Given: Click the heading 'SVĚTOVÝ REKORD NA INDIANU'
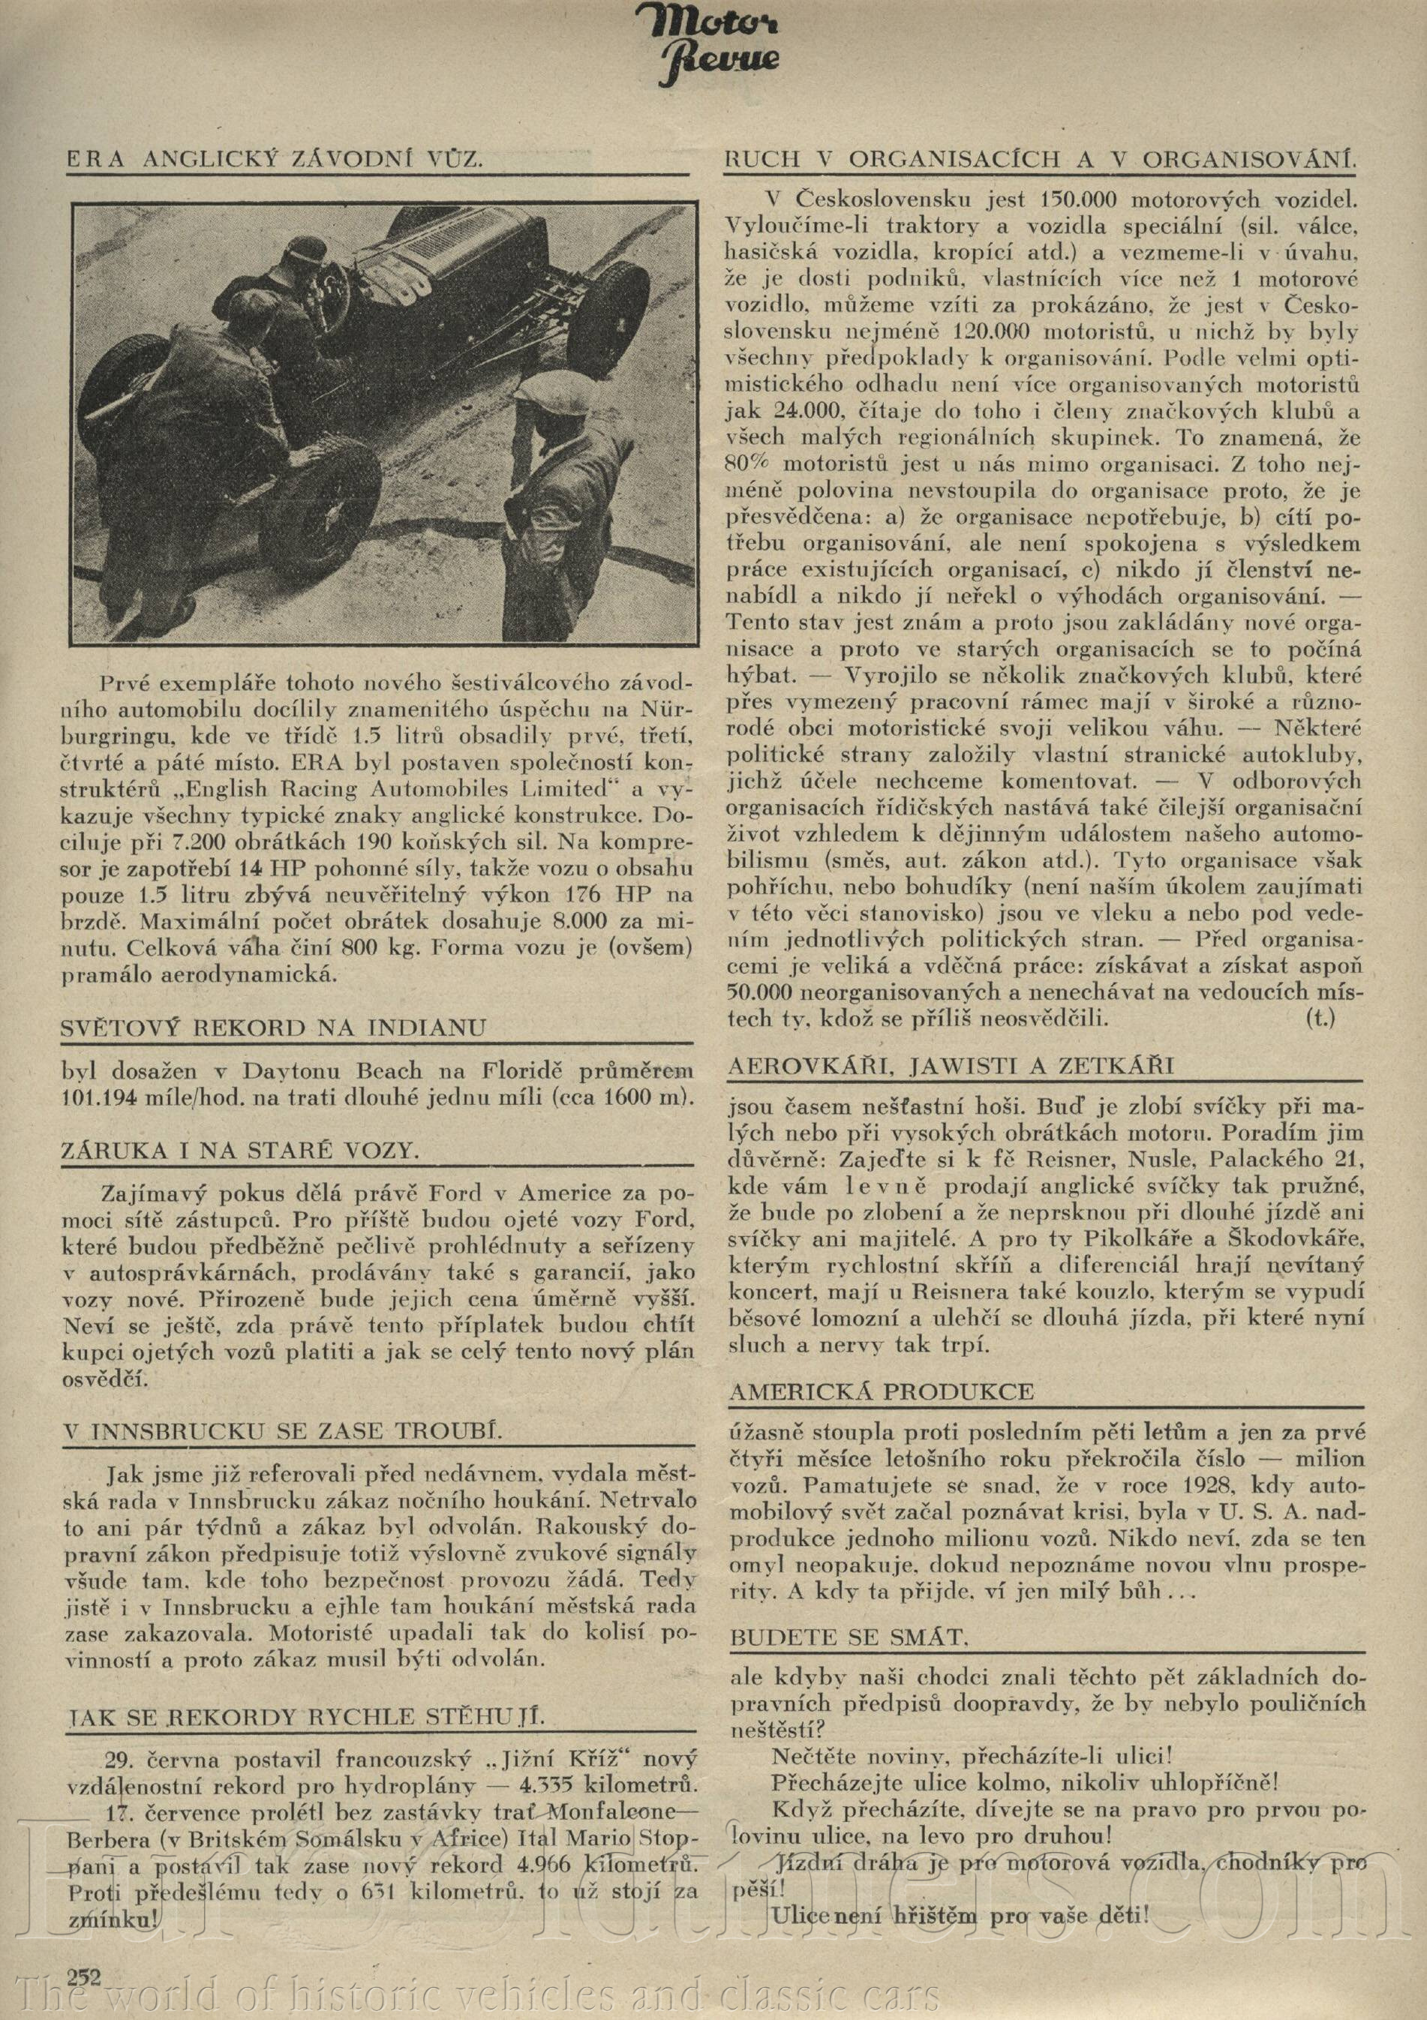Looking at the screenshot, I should pyautogui.click(x=273, y=1028).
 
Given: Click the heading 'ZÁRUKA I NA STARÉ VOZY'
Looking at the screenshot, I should pyautogui.click(x=239, y=1151).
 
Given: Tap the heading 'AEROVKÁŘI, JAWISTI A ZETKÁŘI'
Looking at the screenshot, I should pyautogui.click(x=951, y=1065).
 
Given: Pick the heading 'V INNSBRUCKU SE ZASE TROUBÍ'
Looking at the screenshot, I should pyautogui.click(x=282, y=1431).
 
